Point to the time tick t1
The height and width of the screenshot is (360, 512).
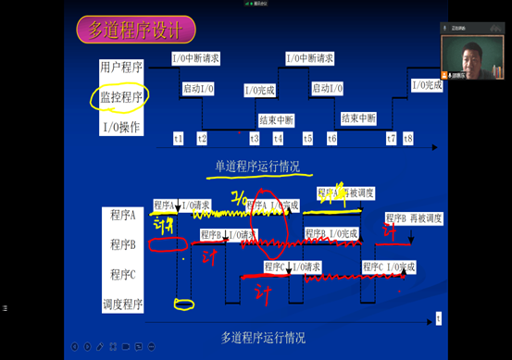[178, 138]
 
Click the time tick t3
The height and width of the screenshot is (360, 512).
[255, 138]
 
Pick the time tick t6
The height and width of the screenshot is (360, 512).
[331, 138]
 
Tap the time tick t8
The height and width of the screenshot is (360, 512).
[408, 138]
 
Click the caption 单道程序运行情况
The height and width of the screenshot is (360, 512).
[257, 167]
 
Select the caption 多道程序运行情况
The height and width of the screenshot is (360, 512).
[263, 336]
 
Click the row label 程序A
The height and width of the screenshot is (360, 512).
[122, 215]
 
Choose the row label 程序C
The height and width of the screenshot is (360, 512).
[122, 274]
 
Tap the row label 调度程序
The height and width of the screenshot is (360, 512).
[122, 303]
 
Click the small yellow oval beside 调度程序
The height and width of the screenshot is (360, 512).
[184, 304]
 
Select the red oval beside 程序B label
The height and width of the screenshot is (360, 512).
[167, 245]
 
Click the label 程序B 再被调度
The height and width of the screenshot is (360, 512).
[413, 218]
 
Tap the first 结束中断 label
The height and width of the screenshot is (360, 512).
[276, 119]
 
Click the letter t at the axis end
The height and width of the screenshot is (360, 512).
[438, 317]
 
